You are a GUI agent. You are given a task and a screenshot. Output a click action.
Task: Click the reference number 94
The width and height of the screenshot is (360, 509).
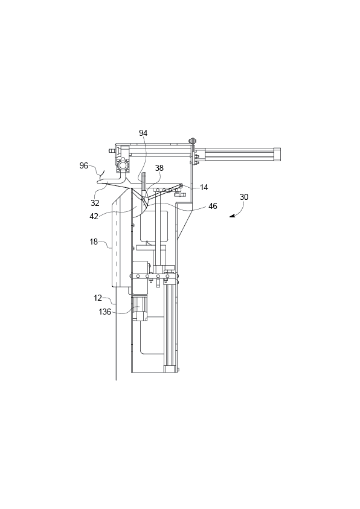coord(143,133)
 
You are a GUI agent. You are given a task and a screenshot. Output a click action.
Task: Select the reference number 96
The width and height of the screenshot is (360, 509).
coord(84,165)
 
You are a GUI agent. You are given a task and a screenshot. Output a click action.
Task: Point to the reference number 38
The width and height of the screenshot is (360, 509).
coord(159,169)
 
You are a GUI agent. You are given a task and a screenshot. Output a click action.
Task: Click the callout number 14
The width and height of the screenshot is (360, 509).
coord(204,188)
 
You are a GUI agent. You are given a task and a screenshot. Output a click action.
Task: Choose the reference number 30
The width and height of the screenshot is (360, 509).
coord(244,197)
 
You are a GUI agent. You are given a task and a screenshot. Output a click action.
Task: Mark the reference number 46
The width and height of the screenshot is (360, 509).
coord(213,206)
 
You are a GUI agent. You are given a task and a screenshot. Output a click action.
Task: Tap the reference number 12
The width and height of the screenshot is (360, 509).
coord(98,298)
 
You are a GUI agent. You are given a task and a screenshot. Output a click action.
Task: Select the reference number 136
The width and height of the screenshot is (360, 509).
coord(106,312)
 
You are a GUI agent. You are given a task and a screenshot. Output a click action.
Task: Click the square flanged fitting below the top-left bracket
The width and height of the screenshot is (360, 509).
coord(124,165)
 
